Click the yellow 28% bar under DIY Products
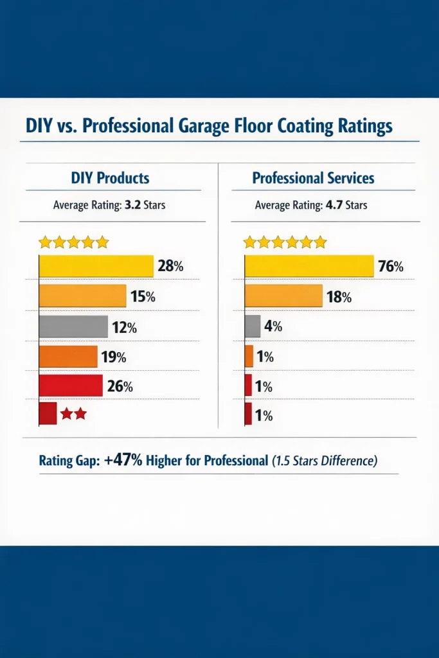point(96,266)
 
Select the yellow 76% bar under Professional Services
point(309,266)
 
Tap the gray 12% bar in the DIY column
point(73,326)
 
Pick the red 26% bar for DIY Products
point(71,386)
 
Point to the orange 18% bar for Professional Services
point(283,296)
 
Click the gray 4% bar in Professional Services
point(253,326)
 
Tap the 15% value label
point(142,297)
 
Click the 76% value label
point(390,266)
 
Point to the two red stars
point(73,414)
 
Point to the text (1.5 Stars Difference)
point(324,461)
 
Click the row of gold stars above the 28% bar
point(73,242)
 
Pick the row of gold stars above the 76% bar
point(285,242)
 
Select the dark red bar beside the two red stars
point(48,414)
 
